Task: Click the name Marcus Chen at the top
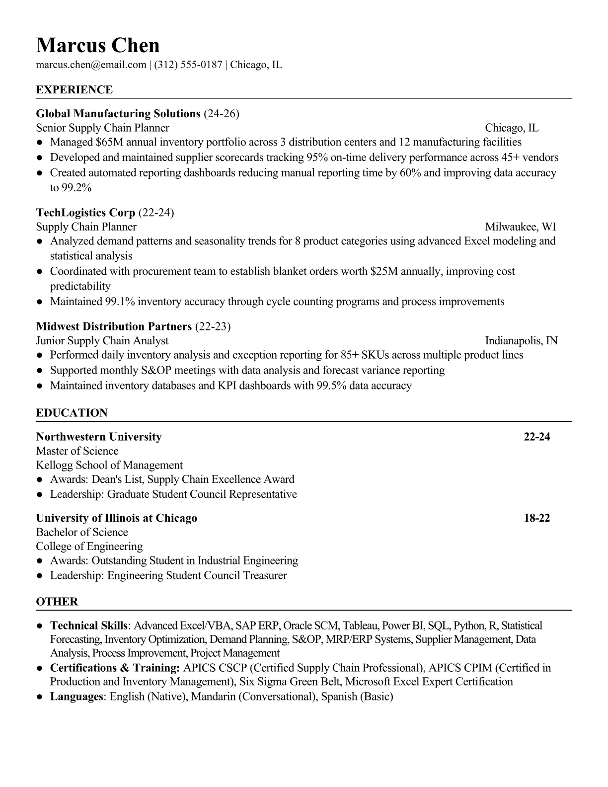click(98, 46)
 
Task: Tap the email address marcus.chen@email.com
click(91, 65)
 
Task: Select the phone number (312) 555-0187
click(188, 65)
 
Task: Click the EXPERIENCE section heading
click(75, 90)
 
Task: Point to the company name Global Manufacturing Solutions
click(118, 114)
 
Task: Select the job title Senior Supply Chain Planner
click(103, 128)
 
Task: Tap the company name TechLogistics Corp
click(85, 213)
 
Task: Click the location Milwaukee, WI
click(520, 227)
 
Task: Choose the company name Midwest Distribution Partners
click(114, 326)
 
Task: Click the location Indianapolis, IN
click(521, 341)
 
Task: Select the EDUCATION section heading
click(72, 413)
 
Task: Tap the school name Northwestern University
click(99, 437)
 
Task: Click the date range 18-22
click(537, 518)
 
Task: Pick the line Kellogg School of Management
click(109, 466)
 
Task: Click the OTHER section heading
click(57, 602)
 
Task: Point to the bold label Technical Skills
click(89, 626)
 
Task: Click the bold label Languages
click(76, 697)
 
